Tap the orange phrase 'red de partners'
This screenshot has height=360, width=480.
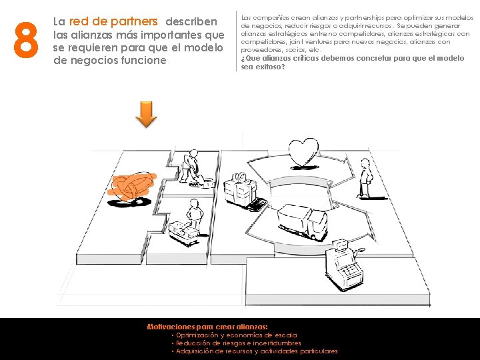113,22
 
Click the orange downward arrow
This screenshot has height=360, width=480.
147,114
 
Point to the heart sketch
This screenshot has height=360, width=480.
305,151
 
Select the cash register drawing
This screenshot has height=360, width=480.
343,263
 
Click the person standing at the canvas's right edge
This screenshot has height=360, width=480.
365,178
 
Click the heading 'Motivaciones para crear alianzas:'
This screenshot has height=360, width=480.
207,327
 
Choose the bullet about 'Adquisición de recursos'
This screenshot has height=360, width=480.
256,351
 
